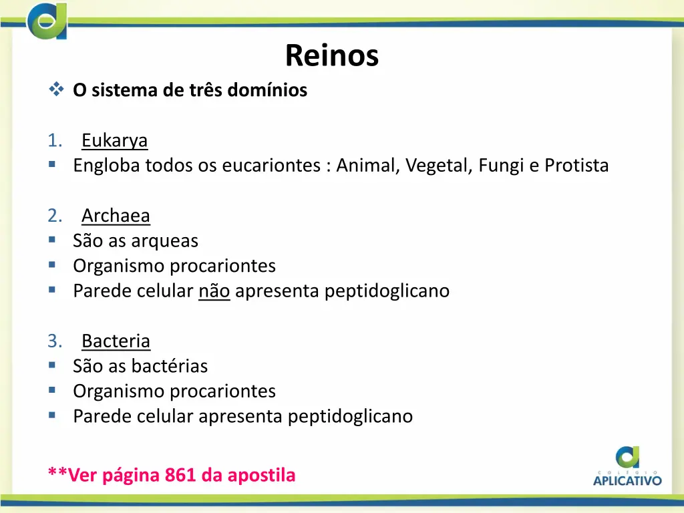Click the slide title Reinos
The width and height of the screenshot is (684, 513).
tap(331, 55)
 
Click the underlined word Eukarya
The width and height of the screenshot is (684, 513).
tap(114, 141)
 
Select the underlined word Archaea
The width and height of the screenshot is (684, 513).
tap(116, 216)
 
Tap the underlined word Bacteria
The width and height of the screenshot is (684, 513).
tap(116, 341)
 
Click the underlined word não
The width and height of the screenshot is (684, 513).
tap(214, 291)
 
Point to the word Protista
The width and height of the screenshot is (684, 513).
tap(576, 166)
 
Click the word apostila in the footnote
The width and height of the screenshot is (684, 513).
tap(261, 475)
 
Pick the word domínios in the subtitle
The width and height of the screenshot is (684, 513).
tap(269, 90)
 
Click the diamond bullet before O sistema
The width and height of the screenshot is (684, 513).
tap(55, 89)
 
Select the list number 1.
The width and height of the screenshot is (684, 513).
tap(55, 141)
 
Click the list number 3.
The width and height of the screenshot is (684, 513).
tap(55, 341)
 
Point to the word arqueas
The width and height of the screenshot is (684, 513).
tap(166, 240)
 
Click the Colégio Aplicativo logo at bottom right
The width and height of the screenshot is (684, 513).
tap(627, 466)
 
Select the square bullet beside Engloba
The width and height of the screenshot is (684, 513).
tap(52, 164)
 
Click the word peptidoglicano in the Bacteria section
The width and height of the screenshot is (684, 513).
tap(350, 416)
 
